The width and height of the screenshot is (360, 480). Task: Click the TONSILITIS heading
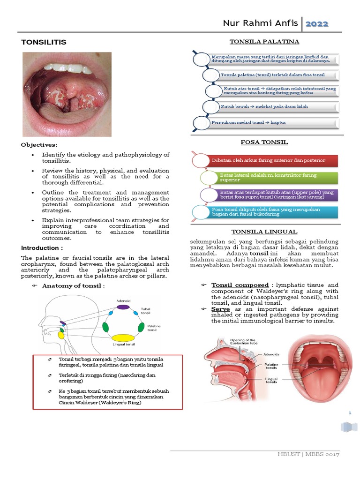point(44,42)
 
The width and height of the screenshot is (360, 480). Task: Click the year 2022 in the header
point(317,24)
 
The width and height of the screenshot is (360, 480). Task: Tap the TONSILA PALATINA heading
point(264,42)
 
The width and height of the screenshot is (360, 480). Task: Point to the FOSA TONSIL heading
point(264,142)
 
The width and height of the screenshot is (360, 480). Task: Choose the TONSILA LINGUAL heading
point(264,232)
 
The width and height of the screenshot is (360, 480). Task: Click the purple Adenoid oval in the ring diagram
point(123,307)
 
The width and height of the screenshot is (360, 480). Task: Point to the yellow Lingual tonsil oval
point(123,337)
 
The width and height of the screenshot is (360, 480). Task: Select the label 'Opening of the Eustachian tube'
point(244,342)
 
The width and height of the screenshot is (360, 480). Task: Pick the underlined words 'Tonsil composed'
point(239,285)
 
